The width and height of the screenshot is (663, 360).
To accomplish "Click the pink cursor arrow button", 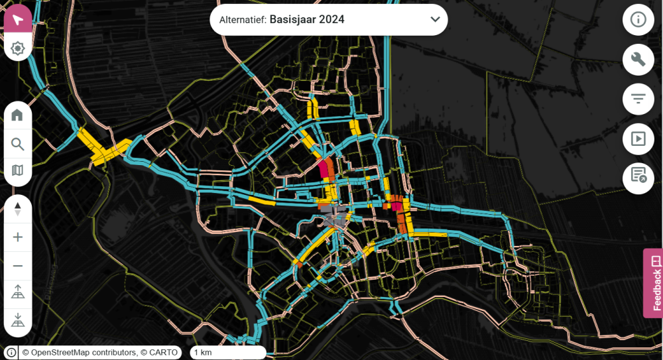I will [x=18, y=19].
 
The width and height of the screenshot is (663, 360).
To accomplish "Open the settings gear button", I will [x=18, y=48].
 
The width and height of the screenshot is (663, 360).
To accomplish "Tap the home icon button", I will [x=18, y=115].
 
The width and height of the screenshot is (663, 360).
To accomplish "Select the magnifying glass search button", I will [x=18, y=144].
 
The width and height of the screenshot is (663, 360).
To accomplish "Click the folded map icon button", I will [x=18, y=171].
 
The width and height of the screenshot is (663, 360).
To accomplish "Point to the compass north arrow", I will [x=18, y=209].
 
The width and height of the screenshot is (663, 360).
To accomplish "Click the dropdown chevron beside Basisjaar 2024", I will [x=435, y=19].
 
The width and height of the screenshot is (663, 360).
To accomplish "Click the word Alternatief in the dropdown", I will [x=243, y=20].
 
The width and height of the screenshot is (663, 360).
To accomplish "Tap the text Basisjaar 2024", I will [x=307, y=20].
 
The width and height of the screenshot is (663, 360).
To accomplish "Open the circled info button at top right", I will [x=638, y=19].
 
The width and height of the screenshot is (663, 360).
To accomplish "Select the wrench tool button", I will [x=638, y=60].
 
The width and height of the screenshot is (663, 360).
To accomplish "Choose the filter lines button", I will [x=638, y=99].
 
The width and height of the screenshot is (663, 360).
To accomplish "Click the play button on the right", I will [x=638, y=139].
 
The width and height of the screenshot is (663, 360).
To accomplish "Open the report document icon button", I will [x=638, y=177].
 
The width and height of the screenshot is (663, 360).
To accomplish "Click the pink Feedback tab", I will [x=653, y=283].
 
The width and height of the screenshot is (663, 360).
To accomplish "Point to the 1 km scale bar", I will [x=228, y=353].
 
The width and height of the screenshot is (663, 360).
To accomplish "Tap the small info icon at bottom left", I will [x=11, y=353].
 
